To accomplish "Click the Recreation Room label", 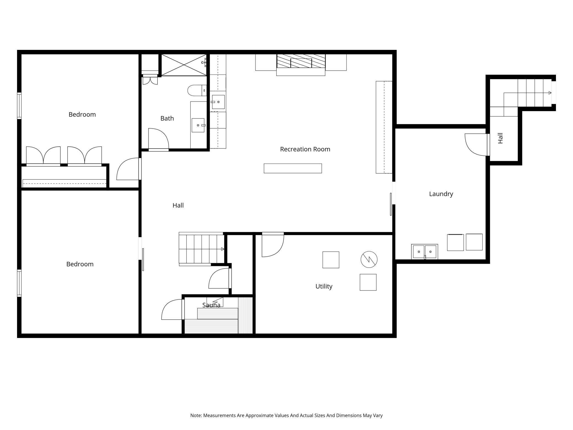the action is pos(305,149).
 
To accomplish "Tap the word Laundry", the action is pos(441,194).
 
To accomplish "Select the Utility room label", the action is pos(324,286).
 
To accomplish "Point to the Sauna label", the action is pos(211,305).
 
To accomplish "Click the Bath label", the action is pos(167,118).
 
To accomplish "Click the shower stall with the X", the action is pos(184,65).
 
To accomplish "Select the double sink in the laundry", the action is pos(425,252).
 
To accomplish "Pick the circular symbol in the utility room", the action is pos(369,259).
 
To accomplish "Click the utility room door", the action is pos(273,244).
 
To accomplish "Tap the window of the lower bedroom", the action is pos(19,283).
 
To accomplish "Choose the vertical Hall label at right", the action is pos(501,138).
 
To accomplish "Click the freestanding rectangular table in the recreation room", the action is pos(293,168).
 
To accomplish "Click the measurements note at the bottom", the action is pos(286,415).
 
